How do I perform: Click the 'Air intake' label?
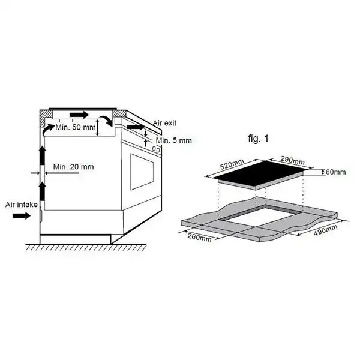pos(22,205)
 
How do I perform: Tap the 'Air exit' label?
pos(165,123)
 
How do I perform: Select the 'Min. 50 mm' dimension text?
pos(76,127)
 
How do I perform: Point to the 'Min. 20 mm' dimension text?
pos(73,167)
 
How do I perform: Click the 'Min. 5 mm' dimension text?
pos(174,140)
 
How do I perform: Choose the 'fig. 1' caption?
pos(258,139)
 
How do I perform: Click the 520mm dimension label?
pos(232,164)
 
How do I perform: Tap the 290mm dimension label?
pos(293,160)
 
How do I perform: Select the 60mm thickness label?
pos(335,172)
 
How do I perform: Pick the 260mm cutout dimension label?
pos(200,237)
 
